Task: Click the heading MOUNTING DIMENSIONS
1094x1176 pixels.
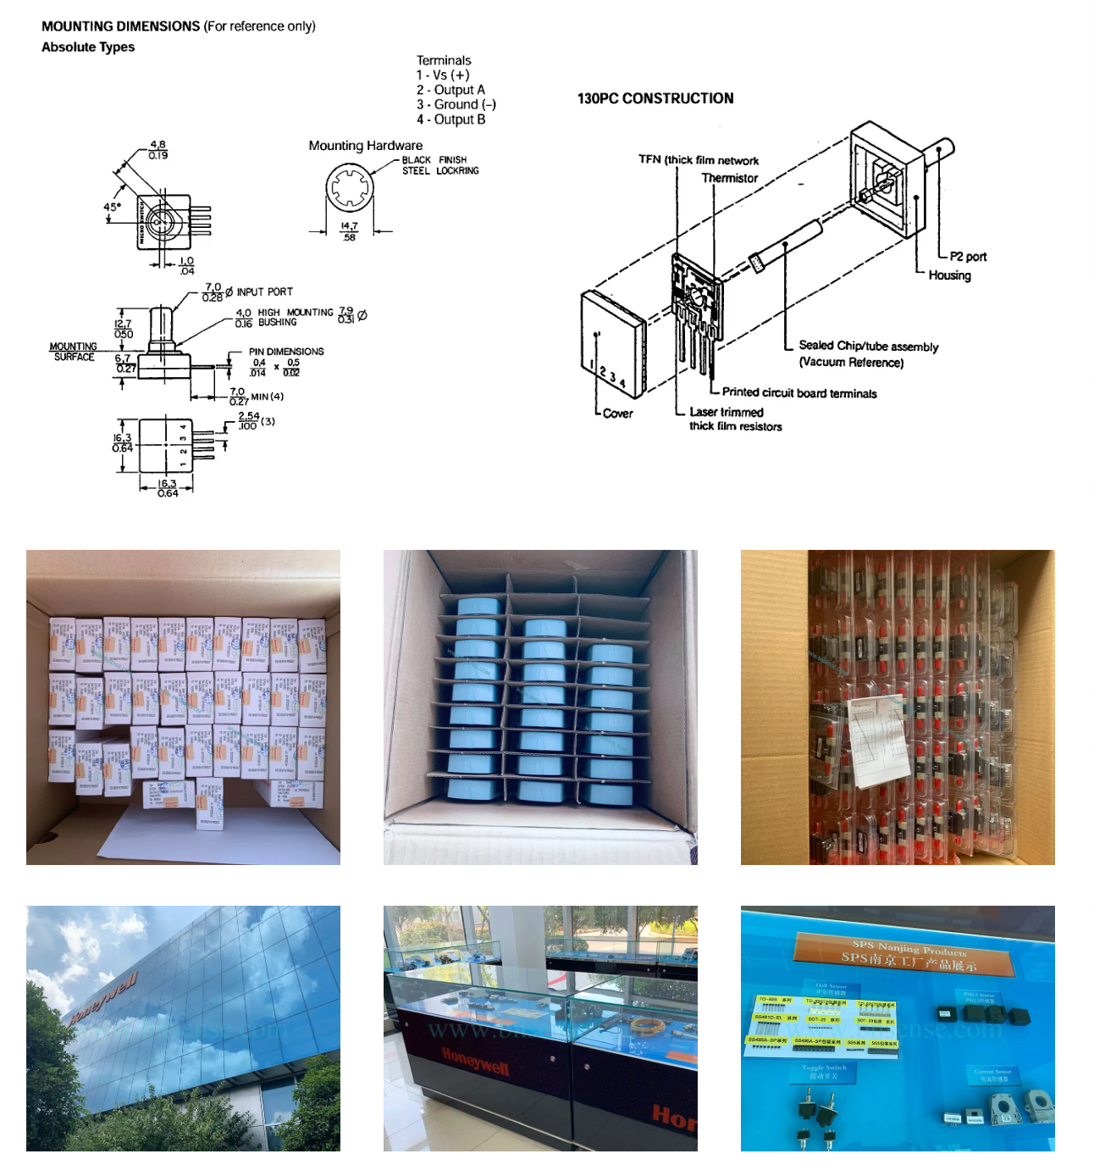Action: (120, 26)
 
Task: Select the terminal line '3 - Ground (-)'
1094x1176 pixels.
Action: (456, 104)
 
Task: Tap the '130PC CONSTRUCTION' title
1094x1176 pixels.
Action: (655, 98)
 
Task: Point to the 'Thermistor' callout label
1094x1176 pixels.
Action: (729, 178)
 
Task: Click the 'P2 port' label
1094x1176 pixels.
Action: (968, 257)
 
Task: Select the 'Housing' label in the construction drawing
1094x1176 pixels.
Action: (949, 275)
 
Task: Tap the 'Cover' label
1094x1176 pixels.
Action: (617, 413)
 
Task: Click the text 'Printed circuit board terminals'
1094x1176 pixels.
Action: (799, 393)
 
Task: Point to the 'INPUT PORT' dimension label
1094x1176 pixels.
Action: (264, 291)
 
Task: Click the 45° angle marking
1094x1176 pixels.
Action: (113, 207)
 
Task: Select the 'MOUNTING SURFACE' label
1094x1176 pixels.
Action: (74, 352)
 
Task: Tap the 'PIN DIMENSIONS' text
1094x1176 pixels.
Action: (286, 352)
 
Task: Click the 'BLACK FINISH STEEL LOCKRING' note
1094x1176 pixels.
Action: (440, 165)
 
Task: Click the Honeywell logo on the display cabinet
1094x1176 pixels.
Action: (475, 1060)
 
